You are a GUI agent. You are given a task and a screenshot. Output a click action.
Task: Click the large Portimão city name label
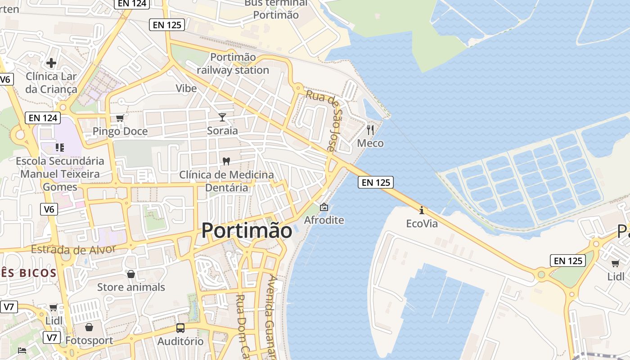tap(247, 230)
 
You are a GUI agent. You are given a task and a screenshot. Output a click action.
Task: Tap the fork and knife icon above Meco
tap(370, 130)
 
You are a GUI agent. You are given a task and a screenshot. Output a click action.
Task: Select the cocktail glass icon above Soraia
tap(222, 117)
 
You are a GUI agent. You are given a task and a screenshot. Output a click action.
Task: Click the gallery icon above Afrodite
tap(324, 207)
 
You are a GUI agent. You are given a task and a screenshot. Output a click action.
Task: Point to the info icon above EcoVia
tap(421, 210)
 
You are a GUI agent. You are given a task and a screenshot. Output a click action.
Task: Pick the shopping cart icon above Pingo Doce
tap(120, 118)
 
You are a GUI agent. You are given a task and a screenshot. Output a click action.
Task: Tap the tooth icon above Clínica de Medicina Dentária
tap(226, 161)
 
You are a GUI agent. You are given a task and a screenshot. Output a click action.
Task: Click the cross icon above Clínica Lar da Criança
tap(51, 63)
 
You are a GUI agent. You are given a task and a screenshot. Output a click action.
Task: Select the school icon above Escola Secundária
tap(59, 147)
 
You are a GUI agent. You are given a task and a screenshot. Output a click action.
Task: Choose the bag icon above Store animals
tap(131, 274)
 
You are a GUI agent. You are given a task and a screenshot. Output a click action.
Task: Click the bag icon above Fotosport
tap(89, 327)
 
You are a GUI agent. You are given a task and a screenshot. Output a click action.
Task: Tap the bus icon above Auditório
tap(180, 328)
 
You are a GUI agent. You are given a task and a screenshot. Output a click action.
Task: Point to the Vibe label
tap(186, 88)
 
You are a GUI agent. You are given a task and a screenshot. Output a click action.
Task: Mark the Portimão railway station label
tap(233, 64)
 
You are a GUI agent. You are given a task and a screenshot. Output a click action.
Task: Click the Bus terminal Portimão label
tap(275, 9)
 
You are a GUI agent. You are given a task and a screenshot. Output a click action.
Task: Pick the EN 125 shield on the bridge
tap(376, 182)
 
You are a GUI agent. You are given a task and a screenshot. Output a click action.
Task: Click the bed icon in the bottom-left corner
tap(22, 350)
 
